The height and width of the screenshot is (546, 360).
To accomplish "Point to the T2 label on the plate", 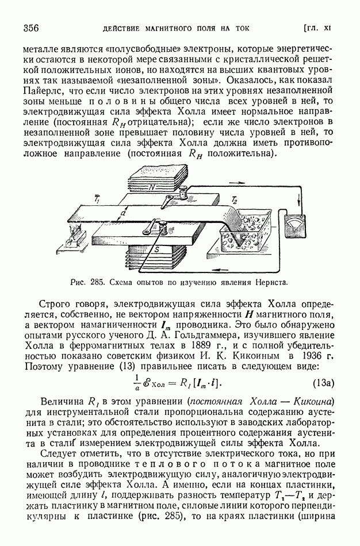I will (x=234, y=199).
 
